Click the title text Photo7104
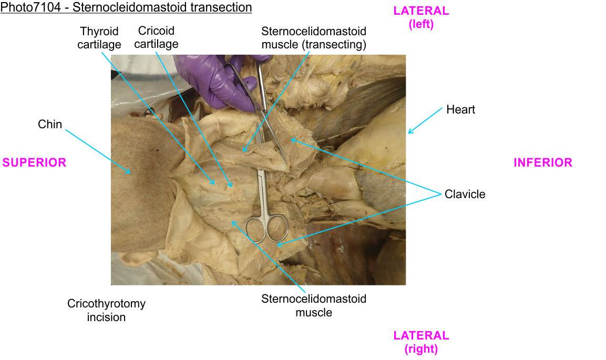coord(26,7)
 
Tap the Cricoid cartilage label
coord(156,37)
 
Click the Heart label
coord(460,110)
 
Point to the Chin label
coord(50,125)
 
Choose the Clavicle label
coord(465,194)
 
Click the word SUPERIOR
coord(35,163)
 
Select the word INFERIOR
coord(543,163)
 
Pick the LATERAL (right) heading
coord(421,342)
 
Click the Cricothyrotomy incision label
coord(106,310)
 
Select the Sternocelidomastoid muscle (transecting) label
coord(314,38)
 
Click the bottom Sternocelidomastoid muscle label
coord(314,305)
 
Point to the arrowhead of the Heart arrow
coord(410,132)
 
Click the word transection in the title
coord(221,7)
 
